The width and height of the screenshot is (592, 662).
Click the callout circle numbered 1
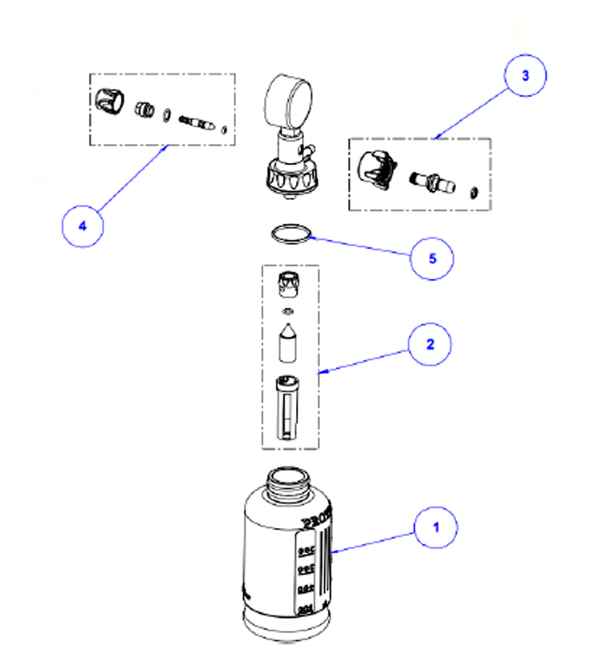click(436, 528)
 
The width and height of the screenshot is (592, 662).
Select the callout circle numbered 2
click(428, 344)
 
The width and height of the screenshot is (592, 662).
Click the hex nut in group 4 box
click(143, 110)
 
